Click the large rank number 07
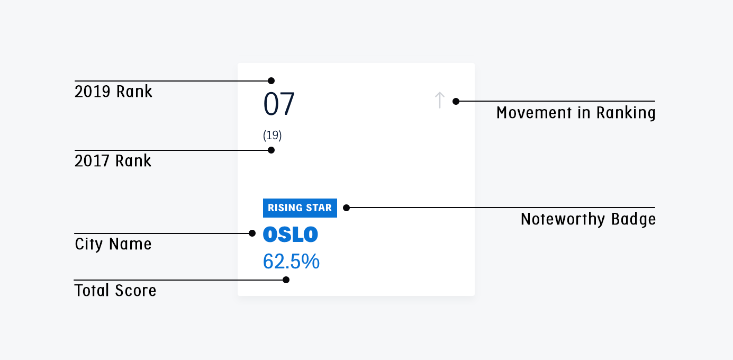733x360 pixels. click(x=279, y=104)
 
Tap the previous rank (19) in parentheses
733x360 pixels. click(x=272, y=135)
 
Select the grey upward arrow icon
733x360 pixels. click(x=439, y=100)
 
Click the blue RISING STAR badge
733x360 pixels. click(x=300, y=208)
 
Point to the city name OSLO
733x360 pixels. click(x=290, y=235)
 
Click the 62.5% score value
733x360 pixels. click(x=291, y=261)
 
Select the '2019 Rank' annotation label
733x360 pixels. click(x=113, y=91)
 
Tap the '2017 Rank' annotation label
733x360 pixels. click(x=113, y=161)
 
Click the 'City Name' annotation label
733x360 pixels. click(x=113, y=244)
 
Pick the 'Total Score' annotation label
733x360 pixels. click(x=115, y=291)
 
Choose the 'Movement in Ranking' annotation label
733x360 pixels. click(x=576, y=113)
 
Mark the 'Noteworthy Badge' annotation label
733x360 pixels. click(x=588, y=219)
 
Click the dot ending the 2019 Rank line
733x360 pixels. click(x=271, y=80)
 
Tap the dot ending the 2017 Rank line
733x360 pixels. click(x=271, y=150)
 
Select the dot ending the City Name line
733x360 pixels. click(x=252, y=233)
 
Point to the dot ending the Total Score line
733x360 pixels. click(x=286, y=280)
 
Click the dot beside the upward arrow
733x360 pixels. click(x=456, y=102)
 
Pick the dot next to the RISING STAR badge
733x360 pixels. click(x=346, y=208)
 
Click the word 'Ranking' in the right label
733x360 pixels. click(x=626, y=113)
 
